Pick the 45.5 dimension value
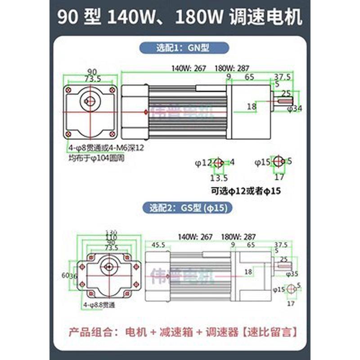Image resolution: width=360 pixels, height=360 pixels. [x=157, y=245]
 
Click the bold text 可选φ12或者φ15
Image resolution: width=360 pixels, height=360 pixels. [x=245, y=191]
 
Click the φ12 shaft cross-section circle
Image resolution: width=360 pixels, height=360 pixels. [x=219, y=162]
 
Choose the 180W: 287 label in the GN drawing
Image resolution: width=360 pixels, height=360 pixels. [x=232, y=69]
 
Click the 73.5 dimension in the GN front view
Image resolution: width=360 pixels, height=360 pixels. [x=93, y=79]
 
